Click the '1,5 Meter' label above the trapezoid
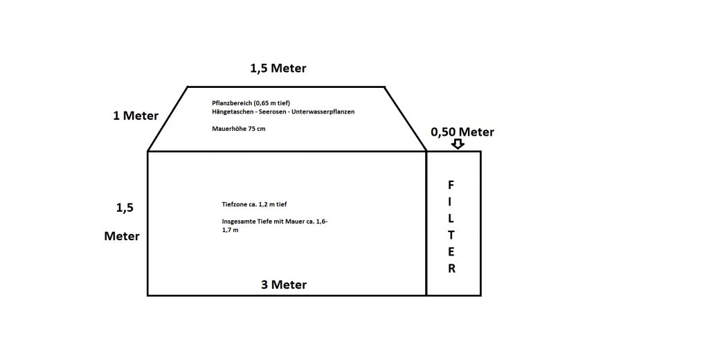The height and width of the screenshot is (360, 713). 278,68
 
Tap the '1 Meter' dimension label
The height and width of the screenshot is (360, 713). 136,116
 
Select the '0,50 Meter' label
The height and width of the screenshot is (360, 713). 462,132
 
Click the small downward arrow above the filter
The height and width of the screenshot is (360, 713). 458,143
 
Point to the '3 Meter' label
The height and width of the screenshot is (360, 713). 284,285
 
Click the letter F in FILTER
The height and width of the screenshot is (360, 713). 451,185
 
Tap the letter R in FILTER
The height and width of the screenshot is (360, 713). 451,269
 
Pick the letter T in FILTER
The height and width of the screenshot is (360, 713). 451,235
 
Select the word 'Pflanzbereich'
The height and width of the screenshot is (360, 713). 232,103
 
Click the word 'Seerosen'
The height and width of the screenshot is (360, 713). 271,111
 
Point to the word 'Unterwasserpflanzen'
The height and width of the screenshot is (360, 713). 323,112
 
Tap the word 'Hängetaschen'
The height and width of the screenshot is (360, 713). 232,112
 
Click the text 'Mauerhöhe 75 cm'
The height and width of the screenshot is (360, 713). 239,129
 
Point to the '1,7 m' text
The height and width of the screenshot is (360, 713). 230,231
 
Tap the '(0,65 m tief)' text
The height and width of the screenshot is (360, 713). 272,103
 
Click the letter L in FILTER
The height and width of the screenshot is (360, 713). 451,218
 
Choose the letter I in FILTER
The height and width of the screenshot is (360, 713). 450,201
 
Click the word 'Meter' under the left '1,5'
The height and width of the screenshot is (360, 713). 122,236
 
